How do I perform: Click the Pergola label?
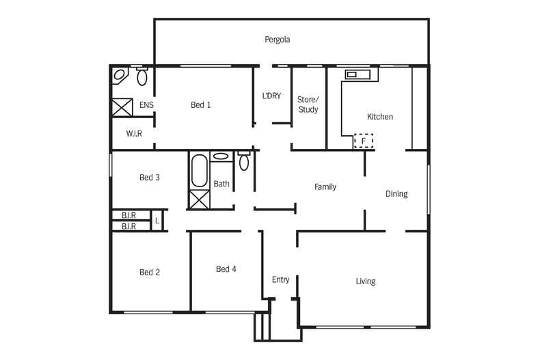pos(278,40)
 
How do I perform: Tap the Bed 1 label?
pos(200,105)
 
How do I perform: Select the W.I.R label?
pos(134,134)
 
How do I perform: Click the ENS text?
pos(146,105)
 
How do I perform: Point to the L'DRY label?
pos(271,96)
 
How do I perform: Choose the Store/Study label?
pos(308,105)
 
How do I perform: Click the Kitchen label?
pos(380,117)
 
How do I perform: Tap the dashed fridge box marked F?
pos(364,141)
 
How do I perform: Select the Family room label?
pos(325,186)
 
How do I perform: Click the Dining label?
pos(396,194)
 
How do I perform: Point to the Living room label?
pos(366,281)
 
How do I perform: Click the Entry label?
pos(280,279)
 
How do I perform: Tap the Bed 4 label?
pos(226,269)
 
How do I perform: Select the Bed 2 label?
pos(150,273)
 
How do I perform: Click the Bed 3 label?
pos(150,178)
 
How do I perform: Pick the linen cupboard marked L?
pos(157,221)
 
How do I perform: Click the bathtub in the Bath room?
pos(200,171)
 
